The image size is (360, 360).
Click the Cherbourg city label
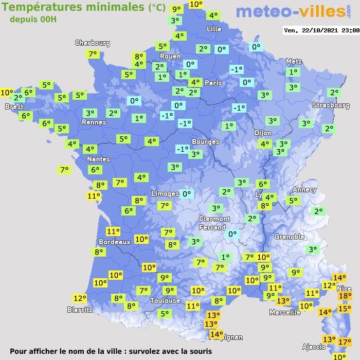click(x=93, y=43)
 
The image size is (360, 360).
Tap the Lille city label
click(x=213, y=29)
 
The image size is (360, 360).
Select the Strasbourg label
click(x=331, y=105)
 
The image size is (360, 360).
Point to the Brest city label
click(x=14, y=107)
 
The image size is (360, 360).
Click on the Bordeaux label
click(x=114, y=242)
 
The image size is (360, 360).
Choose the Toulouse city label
click(x=165, y=300)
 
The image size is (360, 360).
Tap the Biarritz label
click(x=80, y=310)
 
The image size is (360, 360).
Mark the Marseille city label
click(x=285, y=312)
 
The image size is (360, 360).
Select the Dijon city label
click(x=263, y=133)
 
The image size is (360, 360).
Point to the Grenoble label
click(x=290, y=237)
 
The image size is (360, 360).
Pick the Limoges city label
click(x=165, y=193)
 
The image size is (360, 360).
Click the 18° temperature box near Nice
click(x=345, y=296)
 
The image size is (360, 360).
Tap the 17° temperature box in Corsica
click(x=344, y=341)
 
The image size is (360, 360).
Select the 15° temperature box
click(x=344, y=309)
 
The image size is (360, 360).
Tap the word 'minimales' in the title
click(x=119, y=7)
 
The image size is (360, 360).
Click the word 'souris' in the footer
click(x=200, y=351)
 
